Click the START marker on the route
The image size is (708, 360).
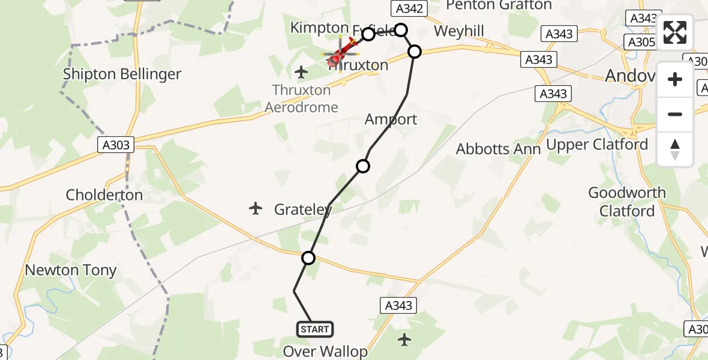click(x=314, y=329)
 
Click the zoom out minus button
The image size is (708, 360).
click(x=675, y=114)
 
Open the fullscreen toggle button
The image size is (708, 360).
click(x=675, y=32)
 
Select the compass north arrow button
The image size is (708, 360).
click(x=675, y=149)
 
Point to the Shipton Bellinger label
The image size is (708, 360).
click(x=122, y=74)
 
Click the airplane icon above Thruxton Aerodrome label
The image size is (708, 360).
click(x=301, y=73)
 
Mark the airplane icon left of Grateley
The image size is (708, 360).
click(x=256, y=209)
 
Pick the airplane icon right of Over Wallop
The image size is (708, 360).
click(x=405, y=340)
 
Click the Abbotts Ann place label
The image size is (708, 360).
click(x=498, y=149)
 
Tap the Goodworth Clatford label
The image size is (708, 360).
click(x=627, y=202)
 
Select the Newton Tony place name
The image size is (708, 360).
click(x=71, y=271)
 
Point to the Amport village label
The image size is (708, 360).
click(x=391, y=119)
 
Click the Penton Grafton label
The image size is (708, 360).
click(x=499, y=5)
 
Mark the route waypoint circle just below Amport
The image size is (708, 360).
click(x=363, y=166)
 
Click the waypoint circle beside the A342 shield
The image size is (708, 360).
click(x=401, y=29)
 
